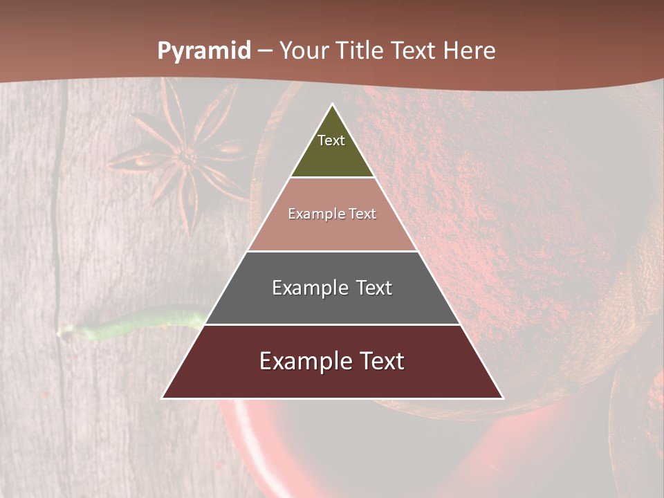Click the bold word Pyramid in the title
(x=203, y=51)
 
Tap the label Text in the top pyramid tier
(x=331, y=140)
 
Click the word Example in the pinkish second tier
(x=313, y=214)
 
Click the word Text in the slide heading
(x=414, y=51)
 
